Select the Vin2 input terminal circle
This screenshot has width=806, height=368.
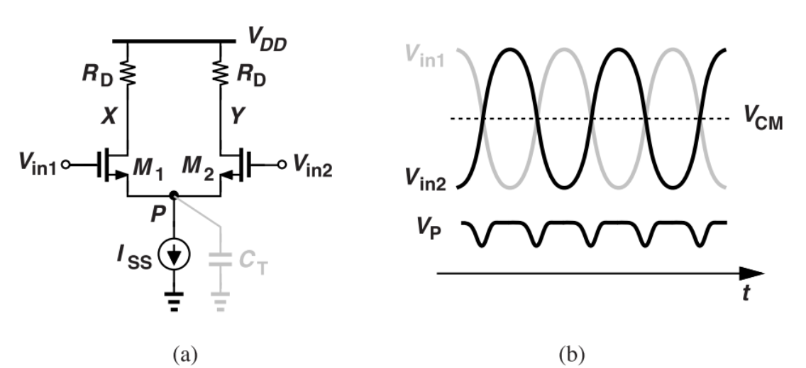coord(282,166)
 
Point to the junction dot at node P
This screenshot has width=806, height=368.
coord(174,194)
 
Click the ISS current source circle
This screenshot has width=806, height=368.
coord(174,254)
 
